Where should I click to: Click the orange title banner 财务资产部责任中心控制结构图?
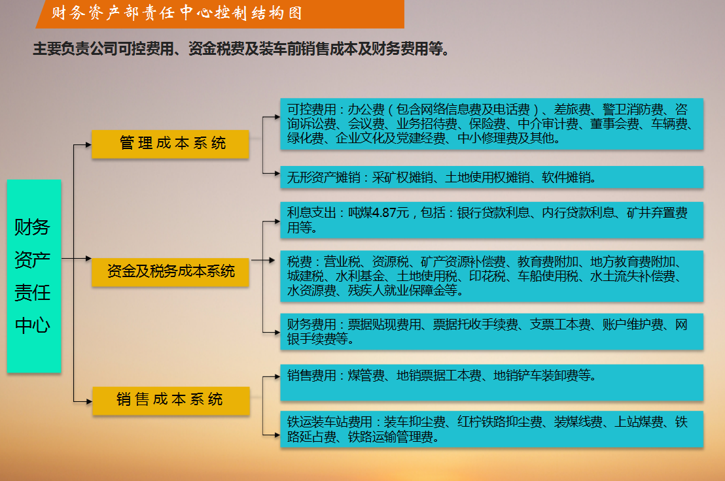click(x=220, y=14)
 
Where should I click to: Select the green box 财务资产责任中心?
click(x=34, y=276)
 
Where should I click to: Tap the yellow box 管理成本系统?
click(x=171, y=144)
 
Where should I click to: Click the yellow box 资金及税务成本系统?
click(x=171, y=272)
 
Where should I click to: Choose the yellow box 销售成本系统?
click(x=171, y=401)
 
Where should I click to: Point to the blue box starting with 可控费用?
click(x=492, y=124)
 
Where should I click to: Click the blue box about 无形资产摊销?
click(x=492, y=177)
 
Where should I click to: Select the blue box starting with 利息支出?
click(x=492, y=220)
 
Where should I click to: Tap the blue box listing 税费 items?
click(x=492, y=276)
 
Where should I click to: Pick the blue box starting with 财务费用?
click(x=492, y=331)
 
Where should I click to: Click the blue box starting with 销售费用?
click(x=492, y=383)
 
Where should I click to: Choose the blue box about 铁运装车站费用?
click(x=492, y=429)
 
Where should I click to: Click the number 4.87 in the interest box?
click(x=384, y=213)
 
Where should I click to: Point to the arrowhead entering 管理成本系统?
click(x=89, y=144)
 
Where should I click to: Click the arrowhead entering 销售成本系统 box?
click(x=89, y=401)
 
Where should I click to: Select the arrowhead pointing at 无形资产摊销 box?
click(x=277, y=174)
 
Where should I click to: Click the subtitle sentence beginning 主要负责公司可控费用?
click(x=241, y=48)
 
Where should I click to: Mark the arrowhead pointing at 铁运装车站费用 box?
click(x=277, y=435)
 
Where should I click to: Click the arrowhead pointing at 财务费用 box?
click(x=277, y=332)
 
